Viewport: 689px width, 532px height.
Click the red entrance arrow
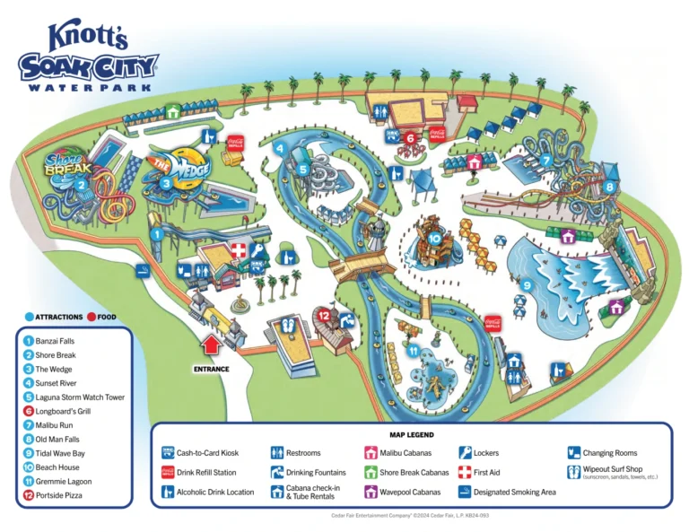click(x=211, y=344)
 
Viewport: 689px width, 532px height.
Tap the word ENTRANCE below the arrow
click(x=211, y=369)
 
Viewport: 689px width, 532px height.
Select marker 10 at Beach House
click(x=434, y=239)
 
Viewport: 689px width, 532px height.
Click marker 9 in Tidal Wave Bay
click(x=528, y=285)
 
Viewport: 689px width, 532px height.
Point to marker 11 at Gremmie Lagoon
click(x=414, y=352)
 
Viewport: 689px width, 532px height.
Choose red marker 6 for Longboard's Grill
click(x=410, y=138)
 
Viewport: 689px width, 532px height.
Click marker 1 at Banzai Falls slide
click(x=156, y=234)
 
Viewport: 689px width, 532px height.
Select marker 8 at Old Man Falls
click(x=609, y=188)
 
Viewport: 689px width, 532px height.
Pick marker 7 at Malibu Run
click(x=545, y=161)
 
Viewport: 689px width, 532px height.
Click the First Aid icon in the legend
click(x=465, y=472)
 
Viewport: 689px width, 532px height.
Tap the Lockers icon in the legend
click(x=465, y=453)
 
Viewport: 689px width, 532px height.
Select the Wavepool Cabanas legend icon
click(x=371, y=492)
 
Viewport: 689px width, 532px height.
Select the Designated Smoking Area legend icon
click(x=465, y=492)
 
